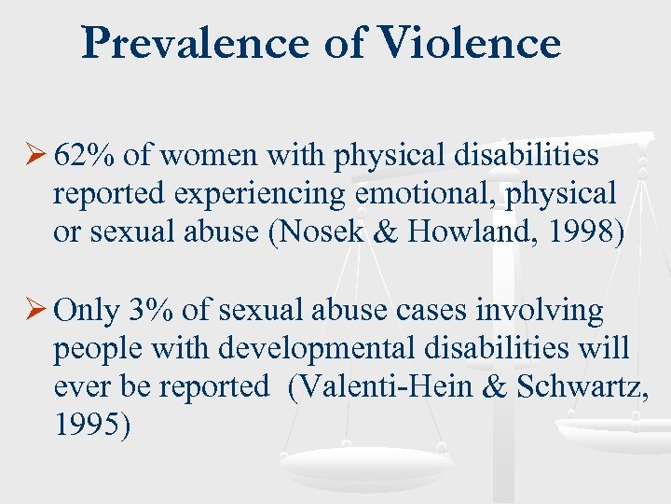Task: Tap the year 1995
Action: [x=91, y=427]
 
